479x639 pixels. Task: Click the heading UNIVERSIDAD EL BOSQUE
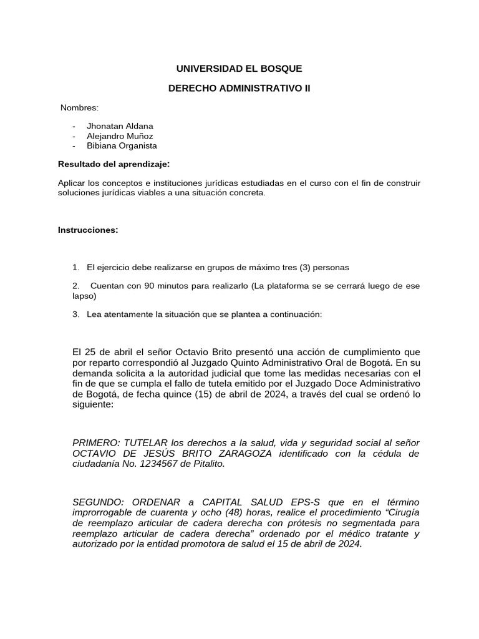coord(239,69)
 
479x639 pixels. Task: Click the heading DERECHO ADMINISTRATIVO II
coord(239,89)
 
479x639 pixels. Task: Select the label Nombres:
coord(79,108)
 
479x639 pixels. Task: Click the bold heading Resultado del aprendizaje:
coord(114,164)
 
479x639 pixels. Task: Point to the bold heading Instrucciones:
coord(87,230)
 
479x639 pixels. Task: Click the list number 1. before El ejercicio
coord(75,267)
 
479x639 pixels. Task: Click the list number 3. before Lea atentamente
coord(75,315)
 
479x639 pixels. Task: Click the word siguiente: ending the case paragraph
coord(93,404)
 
